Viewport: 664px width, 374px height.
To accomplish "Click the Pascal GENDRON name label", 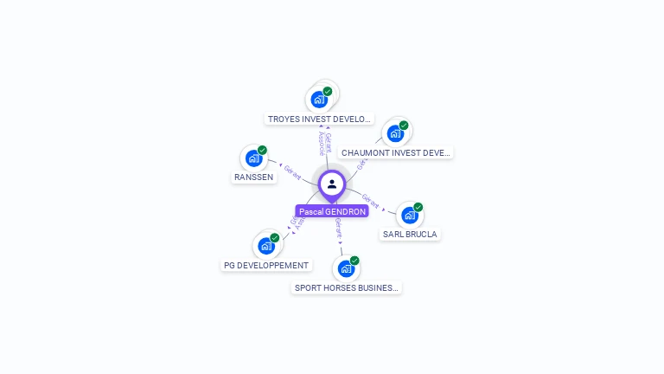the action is tap(332, 211).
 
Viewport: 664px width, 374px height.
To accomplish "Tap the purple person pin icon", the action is tap(332, 184).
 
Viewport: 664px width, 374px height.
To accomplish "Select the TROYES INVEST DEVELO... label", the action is tap(320, 119).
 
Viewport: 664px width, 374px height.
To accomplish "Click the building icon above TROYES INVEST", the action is tap(319, 100).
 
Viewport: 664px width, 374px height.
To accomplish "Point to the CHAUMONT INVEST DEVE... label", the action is tap(396, 153).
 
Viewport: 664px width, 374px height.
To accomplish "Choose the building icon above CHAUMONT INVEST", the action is tap(395, 134).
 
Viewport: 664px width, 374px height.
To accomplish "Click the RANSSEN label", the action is tap(253, 177).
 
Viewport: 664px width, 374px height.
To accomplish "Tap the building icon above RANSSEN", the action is tap(253, 158).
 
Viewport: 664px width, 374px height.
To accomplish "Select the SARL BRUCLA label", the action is tap(410, 235).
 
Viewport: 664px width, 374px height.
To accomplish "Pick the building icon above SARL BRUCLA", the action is tap(410, 215).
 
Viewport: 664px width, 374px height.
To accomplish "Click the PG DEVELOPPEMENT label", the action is tap(266, 266).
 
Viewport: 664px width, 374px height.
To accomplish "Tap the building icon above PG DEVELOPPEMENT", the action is tap(266, 246).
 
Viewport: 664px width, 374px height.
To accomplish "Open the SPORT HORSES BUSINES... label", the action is tap(347, 287).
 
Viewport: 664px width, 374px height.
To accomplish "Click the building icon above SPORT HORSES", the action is tap(346, 268).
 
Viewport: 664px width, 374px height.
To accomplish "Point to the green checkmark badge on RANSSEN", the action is tap(262, 151).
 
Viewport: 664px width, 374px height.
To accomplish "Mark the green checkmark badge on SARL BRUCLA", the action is tap(418, 208).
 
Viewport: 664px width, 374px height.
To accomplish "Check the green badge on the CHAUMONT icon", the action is tap(404, 126).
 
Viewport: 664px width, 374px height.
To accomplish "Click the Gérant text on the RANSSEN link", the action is tap(292, 173).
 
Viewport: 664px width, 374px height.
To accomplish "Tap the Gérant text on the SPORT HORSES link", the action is tap(339, 228).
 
